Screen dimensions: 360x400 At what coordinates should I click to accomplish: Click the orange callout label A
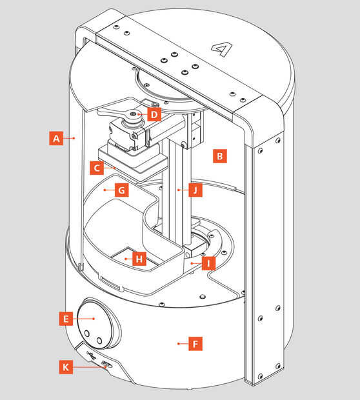point(56,138)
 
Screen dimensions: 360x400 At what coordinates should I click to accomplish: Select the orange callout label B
point(219,156)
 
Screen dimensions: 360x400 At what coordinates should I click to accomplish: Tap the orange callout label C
point(97,168)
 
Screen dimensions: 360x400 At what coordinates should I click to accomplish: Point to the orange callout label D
point(154,114)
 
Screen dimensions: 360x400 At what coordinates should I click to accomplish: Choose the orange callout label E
point(66,319)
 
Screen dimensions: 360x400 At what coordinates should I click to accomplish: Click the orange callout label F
point(195,344)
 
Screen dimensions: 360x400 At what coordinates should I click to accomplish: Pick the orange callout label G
point(121,190)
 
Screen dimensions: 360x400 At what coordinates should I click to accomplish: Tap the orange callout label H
point(139,259)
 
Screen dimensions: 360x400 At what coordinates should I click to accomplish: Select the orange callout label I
point(208,263)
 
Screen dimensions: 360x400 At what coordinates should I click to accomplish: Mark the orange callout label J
point(195,190)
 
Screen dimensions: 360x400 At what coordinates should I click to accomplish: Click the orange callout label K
point(66,367)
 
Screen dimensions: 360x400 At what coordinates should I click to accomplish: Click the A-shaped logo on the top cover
point(221,49)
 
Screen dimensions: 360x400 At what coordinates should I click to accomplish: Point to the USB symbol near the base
point(92,355)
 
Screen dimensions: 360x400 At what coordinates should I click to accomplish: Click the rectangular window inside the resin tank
point(134,259)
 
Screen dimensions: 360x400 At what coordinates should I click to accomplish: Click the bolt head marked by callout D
point(133,114)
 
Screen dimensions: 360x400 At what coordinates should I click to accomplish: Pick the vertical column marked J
point(176,190)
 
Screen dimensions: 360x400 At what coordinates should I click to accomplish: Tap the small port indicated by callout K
point(107,364)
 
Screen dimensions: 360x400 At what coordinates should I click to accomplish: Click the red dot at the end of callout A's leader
point(74,138)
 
